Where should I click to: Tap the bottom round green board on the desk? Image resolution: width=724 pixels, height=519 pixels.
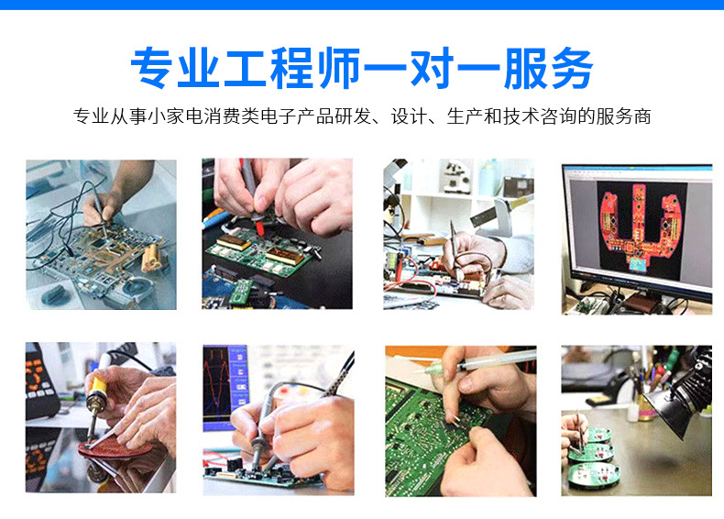tap(592, 471)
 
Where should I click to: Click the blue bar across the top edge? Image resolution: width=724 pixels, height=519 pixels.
tap(362, 5)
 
